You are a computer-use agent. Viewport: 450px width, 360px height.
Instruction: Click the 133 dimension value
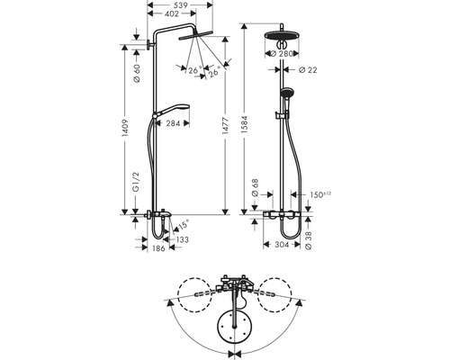(x=183, y=240)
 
